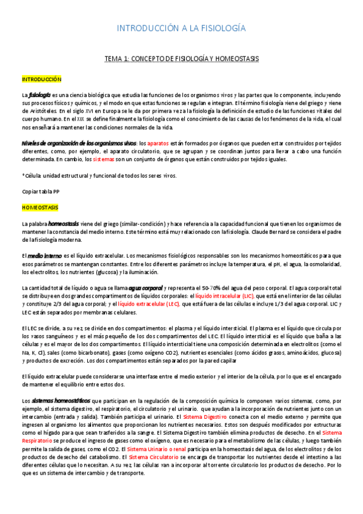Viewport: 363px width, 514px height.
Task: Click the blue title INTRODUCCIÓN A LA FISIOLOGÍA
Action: point(181,28)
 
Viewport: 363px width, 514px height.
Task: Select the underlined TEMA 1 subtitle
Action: point(181,59)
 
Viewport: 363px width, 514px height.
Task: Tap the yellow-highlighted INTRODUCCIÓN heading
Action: point(42,79)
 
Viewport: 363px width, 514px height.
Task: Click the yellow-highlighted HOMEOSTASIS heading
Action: point(40,207)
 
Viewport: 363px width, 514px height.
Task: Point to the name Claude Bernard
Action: point(284,232)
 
